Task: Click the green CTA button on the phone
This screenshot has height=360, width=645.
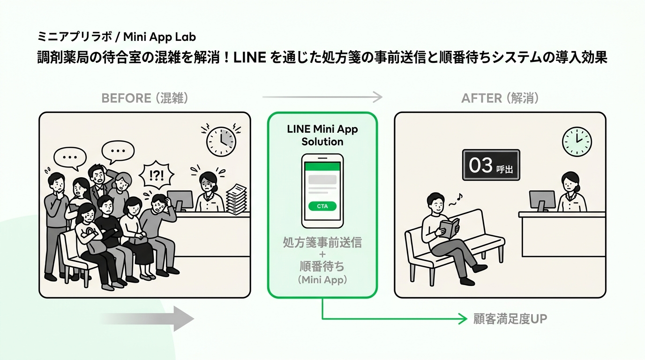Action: [x=322, y=206]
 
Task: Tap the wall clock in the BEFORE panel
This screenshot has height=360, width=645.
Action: [x=221, y=142]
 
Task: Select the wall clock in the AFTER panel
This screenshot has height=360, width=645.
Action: [x=577, y=142]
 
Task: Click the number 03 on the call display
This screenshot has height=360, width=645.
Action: [x=480, y=165]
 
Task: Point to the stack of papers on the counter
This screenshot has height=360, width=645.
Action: [x=236, y=199]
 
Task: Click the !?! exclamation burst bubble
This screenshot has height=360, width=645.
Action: [x=157, y=175]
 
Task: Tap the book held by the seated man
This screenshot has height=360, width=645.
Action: [x=450, y=228]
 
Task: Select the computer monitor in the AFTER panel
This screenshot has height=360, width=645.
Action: [x=542, y=201]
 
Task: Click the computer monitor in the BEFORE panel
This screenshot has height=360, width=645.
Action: [x=180, y=201]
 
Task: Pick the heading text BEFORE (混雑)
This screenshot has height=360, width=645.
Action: [x=145, y=98]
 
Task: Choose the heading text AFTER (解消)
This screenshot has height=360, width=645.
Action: [x=500, y=98]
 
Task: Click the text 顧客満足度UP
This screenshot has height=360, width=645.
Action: [x=510, y=319]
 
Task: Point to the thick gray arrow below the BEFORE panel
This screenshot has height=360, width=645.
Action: [x=148, y=319]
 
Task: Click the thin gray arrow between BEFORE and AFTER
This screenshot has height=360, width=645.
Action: [x=322, y=97]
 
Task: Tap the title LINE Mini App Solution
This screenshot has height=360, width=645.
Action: [x=322, y=135]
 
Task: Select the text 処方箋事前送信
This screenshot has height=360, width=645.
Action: [x=322, y=242]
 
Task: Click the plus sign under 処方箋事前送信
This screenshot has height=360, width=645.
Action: [x=322, y=255]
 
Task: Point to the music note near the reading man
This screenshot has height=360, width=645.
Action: [x=459, y=197]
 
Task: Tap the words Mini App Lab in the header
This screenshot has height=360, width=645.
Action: [x=159, y=37]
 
